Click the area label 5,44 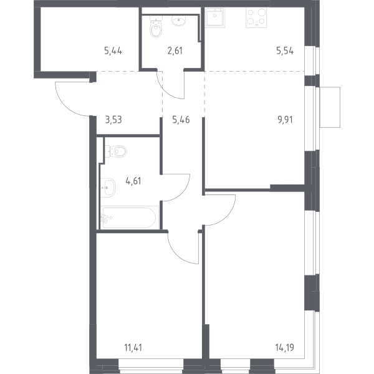click(x=113, y=51)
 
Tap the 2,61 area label click(x=175, y=51)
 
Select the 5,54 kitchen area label click(x=285, y=51)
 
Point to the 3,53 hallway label click(x=113, y=120)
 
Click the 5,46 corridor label click(x=181, y=120)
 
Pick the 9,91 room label click(x=285, y=120)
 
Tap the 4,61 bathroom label click(x=133, y=181)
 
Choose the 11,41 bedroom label click(x=133, y=348)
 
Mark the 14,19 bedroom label click(x=285, y=348)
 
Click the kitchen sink click(x=215, y=17)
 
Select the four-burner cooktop click(x=256, y=17)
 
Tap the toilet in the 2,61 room click(x=156, y=26)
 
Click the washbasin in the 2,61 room click(x=179, y=21)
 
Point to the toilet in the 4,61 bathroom click(x=116, y=151)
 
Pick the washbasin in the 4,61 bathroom click(x=108, y=188)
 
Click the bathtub click(x=130, y=218)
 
